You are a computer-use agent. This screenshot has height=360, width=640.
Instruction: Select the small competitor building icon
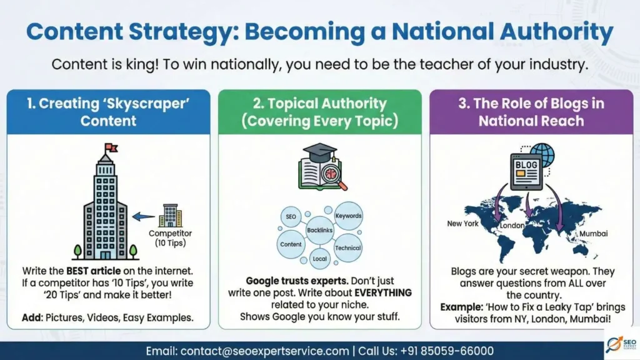click(170, 216)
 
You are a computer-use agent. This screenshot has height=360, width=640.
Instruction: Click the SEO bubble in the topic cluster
click(291, 217)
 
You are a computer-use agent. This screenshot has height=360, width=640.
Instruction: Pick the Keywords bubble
click(348, 216)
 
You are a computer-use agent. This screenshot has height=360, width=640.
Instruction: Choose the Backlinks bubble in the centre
click(320, 231)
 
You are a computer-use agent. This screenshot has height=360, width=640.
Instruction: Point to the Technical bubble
click(347, 247)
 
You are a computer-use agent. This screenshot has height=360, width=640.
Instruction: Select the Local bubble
click(319, 257)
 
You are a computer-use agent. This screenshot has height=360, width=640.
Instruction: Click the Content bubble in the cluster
click(291, 244)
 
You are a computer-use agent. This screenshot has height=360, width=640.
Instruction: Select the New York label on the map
click(463, 223)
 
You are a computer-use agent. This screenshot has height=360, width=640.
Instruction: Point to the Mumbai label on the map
click(593, 233)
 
